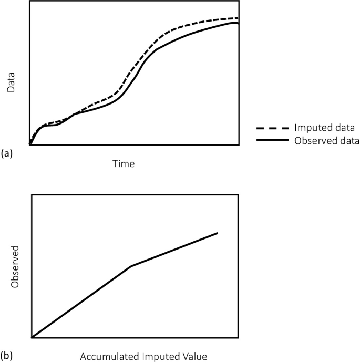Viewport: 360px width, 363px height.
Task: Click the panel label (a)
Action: (x=7, y=153)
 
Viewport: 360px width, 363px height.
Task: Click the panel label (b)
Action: (x=7, y=356)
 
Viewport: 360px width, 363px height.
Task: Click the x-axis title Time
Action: (x=124, y=164)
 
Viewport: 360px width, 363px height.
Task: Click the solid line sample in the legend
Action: (x=272, y=141)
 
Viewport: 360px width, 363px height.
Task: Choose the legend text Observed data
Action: (x=327, y=141)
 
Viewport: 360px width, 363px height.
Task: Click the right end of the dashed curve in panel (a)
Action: (x=238, y=18)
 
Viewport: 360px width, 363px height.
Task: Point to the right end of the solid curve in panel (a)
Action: (x=238, y=24)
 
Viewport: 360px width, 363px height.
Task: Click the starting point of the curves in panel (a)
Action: (x=30, y=143)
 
